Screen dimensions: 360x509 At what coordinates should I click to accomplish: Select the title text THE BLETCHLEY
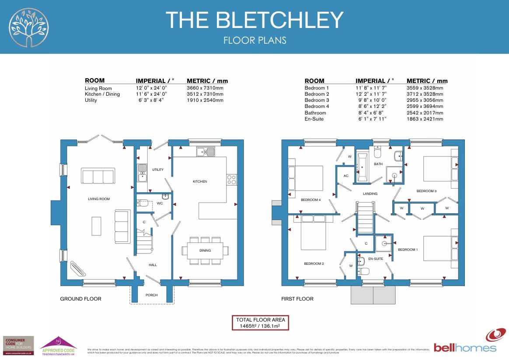(x=254, y=20)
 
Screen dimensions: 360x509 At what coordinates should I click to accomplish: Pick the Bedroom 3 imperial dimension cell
(x=371, y=100)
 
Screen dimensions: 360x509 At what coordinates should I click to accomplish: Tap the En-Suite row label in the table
(x=314, y=119)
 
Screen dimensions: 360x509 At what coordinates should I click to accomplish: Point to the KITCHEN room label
(x=200, y=181)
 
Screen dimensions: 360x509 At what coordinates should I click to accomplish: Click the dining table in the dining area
(x=205, y=250)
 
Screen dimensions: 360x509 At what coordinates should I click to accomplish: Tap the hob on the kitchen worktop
(x=231, y=179)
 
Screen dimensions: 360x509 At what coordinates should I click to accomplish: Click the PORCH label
(x=151, y=295)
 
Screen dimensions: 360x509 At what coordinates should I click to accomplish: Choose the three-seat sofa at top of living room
(x=98, y=176)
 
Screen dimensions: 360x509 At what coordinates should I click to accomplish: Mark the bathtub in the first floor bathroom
(x=363, y=167)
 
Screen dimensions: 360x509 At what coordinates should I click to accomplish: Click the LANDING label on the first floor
(x=370, y=194)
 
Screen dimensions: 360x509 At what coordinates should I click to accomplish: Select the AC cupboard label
(x=346, y=176)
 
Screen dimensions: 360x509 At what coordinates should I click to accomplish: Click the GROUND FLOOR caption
(x=80, y=299)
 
